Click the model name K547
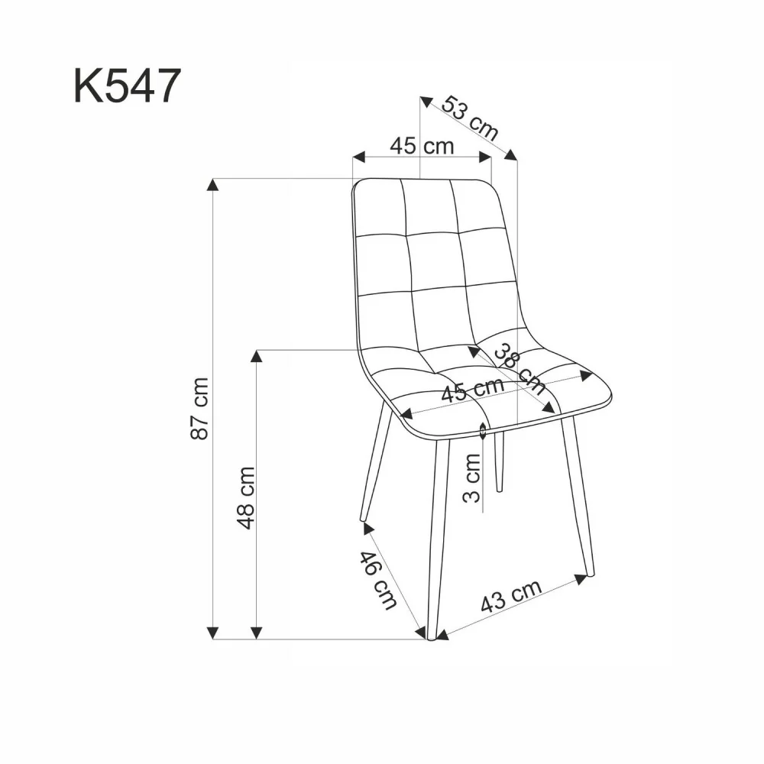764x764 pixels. point(127,85)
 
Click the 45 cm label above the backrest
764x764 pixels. point(422,145)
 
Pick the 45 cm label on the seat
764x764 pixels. point(474,390)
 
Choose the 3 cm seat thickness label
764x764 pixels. point(473,478)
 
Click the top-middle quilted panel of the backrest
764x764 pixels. point(428,206)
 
